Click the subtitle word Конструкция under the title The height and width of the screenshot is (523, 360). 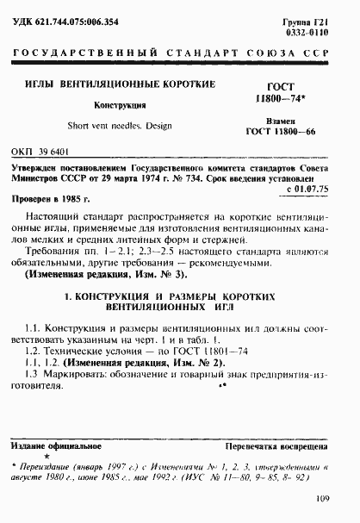(x=123, y=105)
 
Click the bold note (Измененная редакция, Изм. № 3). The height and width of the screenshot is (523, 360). (x=102, y=272)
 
